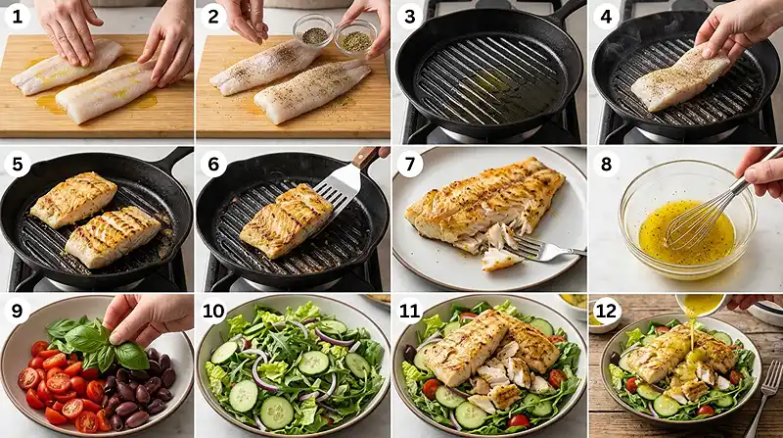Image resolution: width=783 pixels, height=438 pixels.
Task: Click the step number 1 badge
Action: coord(18,17)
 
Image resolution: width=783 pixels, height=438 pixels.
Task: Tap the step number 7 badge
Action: coord(410,164)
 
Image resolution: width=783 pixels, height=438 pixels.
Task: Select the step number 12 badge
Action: coord(606,311)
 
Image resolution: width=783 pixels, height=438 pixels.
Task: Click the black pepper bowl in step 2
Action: coord(314,31)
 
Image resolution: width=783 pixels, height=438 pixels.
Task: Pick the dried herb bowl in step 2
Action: coord(356,38)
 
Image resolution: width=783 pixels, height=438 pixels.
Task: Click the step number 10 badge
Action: coord(213,311)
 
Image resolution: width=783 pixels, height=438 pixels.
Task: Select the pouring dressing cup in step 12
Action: coord(702,304)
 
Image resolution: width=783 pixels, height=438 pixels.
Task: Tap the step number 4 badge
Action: coord(606,17)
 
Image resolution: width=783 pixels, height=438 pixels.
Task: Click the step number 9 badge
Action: coord(18,311)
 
